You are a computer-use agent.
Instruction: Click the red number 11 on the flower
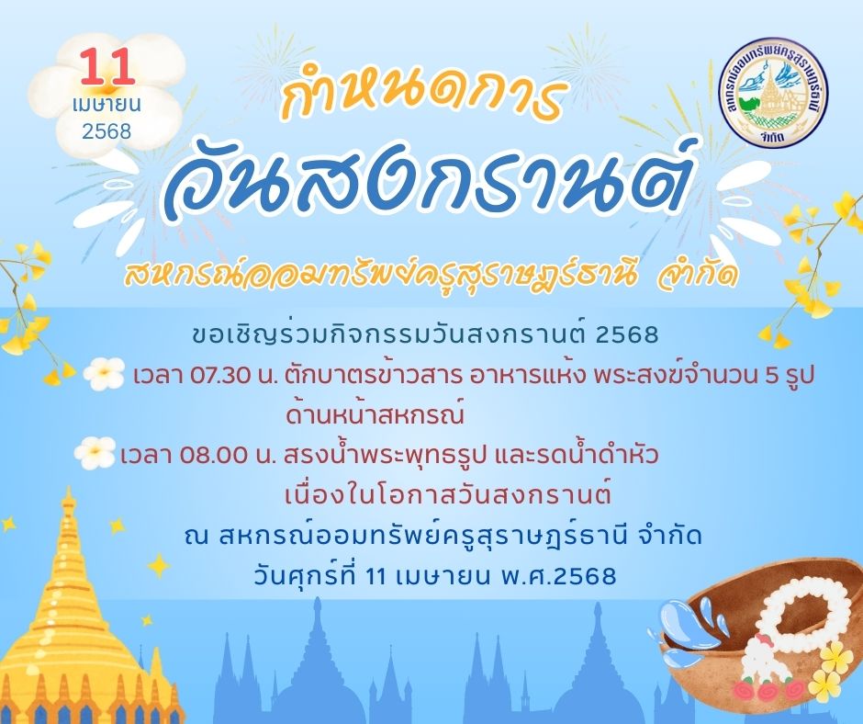107,67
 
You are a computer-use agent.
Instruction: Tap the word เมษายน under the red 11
106,104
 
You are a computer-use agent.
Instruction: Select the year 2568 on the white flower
106,131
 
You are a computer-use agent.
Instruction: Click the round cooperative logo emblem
776,95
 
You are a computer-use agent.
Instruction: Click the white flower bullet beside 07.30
104,374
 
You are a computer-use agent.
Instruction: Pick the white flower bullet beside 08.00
95,453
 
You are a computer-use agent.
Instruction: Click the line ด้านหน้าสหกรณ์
375,414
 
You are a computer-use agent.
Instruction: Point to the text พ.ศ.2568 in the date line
558,576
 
